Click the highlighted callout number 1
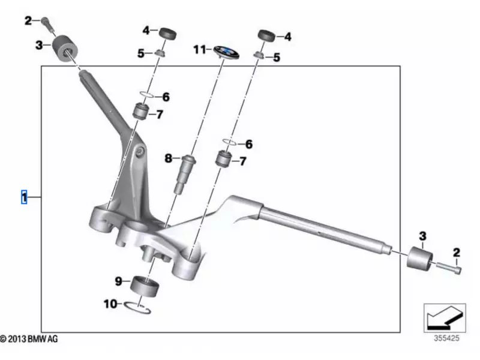click(x=24, y=197)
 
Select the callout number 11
click(x=199, y=49)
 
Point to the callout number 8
click(x=169, y=158)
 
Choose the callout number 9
click(x=118, y=281)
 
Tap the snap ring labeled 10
click(x=139, y=307)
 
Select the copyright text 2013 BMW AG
click(x=29, y=340)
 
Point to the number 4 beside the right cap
click(x=287, y=37)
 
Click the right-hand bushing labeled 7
click(x=224, y=160)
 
